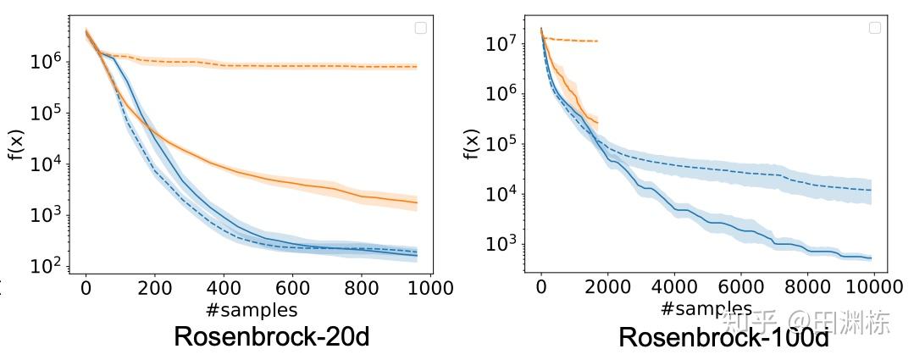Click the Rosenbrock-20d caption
[271, 336]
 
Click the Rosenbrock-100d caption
[723, 337]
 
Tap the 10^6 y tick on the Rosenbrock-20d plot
[47, 61]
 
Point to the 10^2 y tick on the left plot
[47, 266]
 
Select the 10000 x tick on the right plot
[872, 286]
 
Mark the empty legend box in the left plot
[420, 28]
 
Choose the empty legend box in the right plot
[875, 28]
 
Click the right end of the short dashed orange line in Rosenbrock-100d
[598, 41]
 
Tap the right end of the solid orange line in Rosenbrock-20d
[417, 202]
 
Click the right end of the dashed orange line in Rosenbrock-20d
[417, 66]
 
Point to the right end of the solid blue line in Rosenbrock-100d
[871, 258]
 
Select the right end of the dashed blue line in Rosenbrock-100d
[871, 190]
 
